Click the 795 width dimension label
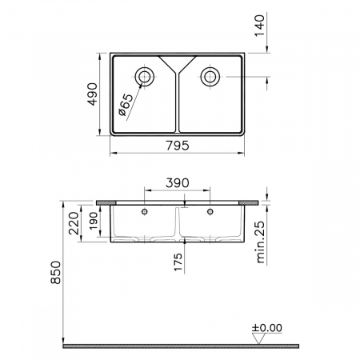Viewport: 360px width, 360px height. point(178,146)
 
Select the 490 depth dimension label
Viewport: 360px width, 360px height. point(93,94)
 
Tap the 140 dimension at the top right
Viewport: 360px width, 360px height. point(259,26)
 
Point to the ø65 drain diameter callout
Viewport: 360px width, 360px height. point(126,105)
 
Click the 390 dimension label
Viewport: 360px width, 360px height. point(178,183)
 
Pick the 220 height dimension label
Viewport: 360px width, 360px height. point(74,223)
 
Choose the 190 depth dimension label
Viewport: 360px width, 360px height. point(94,221)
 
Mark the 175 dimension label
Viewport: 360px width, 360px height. point(178,262)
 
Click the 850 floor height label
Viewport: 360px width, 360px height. point(56,272)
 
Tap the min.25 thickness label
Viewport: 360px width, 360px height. point(261,242)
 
